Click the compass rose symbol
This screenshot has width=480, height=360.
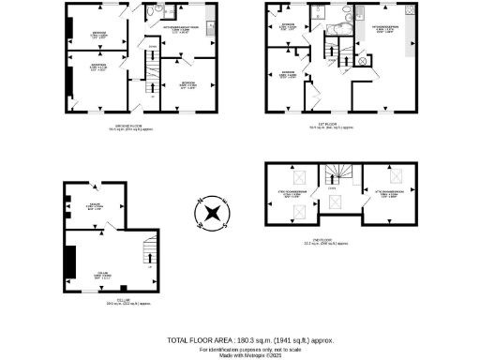213,214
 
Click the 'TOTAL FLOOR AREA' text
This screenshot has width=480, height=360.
249,340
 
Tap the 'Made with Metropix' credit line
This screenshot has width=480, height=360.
249,354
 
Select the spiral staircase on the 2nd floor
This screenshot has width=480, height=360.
333,174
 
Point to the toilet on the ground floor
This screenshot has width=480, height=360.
160,12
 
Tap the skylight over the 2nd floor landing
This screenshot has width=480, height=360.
333,202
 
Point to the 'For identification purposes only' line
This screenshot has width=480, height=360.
249,348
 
